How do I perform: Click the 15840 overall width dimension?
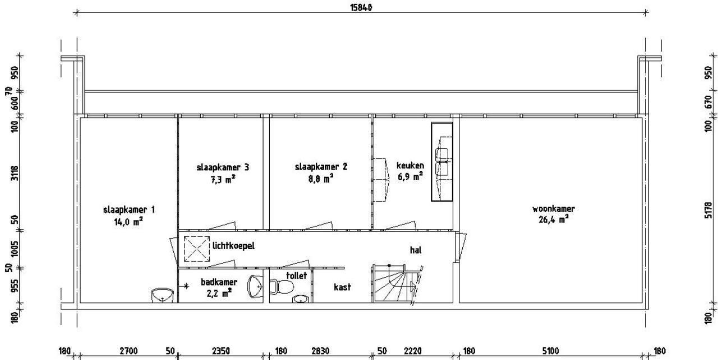tap(361, 7)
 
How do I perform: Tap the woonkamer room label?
tap(554, 209)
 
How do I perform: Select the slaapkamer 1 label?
tap(129, 210)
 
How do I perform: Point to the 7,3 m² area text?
tap(223, 179)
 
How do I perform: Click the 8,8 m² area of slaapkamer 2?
tap(321, 178)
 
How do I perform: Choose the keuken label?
tap(410, 165)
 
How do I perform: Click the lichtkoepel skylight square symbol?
tap(197, 249)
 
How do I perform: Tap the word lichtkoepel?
tap(234, 246)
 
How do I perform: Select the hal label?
tap(416, 250)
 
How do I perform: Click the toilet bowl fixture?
tap(282, 287)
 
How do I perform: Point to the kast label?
tap(342, 287)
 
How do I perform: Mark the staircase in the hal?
tap(394, 283)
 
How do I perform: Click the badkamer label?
tap(219, 282)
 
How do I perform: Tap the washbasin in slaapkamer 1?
tap(163, 295)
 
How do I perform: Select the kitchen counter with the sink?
tap(442, 161)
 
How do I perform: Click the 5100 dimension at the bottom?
tap(551, 352)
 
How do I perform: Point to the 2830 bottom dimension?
tap(320, 352)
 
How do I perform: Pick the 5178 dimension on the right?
tap(708, 210)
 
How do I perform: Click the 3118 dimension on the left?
tap(15, 173)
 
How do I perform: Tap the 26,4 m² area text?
tap(554, 220)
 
